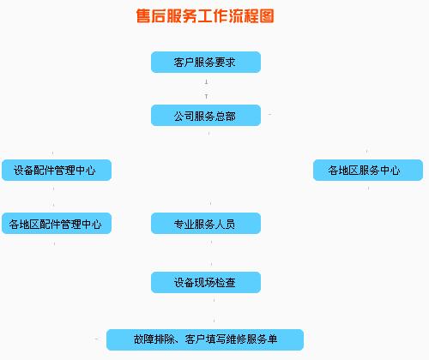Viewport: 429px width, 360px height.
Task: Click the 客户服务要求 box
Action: pyautogui.click(x=206, y=62)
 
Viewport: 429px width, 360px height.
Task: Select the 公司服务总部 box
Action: pyautogui.click(x=206, y=115)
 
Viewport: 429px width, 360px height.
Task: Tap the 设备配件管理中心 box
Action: pyautogui.click(x=57, y=170)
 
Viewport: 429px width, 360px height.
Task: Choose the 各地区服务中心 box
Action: pyautogui.click(x=368, y=170)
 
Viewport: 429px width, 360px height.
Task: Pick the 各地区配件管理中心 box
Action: pyautogui.click(x=57, y=223)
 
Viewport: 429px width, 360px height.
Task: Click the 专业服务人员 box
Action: pyautogui.click(x=206, y=223)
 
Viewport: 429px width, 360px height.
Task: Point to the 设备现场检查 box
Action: pyautogui.click(x=206, y=282)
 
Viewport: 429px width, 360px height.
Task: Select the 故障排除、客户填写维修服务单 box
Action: pyautogui.click(x=205, y=339)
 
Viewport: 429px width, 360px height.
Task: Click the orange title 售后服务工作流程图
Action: pyautogui.click(x=205, y=15)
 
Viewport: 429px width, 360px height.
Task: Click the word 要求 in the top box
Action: pyautogui.click(x=225, y=63)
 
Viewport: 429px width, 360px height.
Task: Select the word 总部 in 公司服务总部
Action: pyautogui.click(x=225, y=116)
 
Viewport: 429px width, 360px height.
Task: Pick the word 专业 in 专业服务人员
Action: pyautogui.click(x=184, y=224)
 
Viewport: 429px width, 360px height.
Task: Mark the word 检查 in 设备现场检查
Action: pyautogui.click(x=225, y=283)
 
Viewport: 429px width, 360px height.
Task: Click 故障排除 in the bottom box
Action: pyautogui.click(x=154, y=339)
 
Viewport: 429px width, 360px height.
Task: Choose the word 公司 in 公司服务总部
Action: pyautogui.click(x=184, y=116)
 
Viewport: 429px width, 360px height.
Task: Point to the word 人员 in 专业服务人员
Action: pyautogui.click(x=225, y=224)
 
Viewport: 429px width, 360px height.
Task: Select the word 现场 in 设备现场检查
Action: pyautogui.click(x=205, y=283)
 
